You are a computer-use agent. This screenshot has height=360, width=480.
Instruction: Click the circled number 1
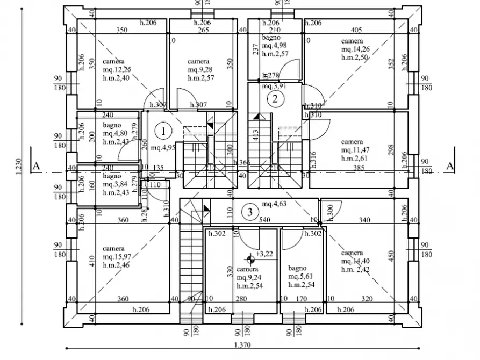tap(163, 129)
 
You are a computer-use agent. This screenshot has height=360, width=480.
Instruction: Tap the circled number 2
tap(275, 98)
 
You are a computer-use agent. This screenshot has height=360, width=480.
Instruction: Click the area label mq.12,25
tap(116, 70)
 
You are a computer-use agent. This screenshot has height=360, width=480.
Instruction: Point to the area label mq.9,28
tap(199, 70)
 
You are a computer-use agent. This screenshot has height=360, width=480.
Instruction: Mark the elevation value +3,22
tap(265, 254)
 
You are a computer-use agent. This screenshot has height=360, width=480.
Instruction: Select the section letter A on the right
tap(450, 165)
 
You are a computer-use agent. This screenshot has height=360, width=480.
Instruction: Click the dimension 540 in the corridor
tap(264, 220)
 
